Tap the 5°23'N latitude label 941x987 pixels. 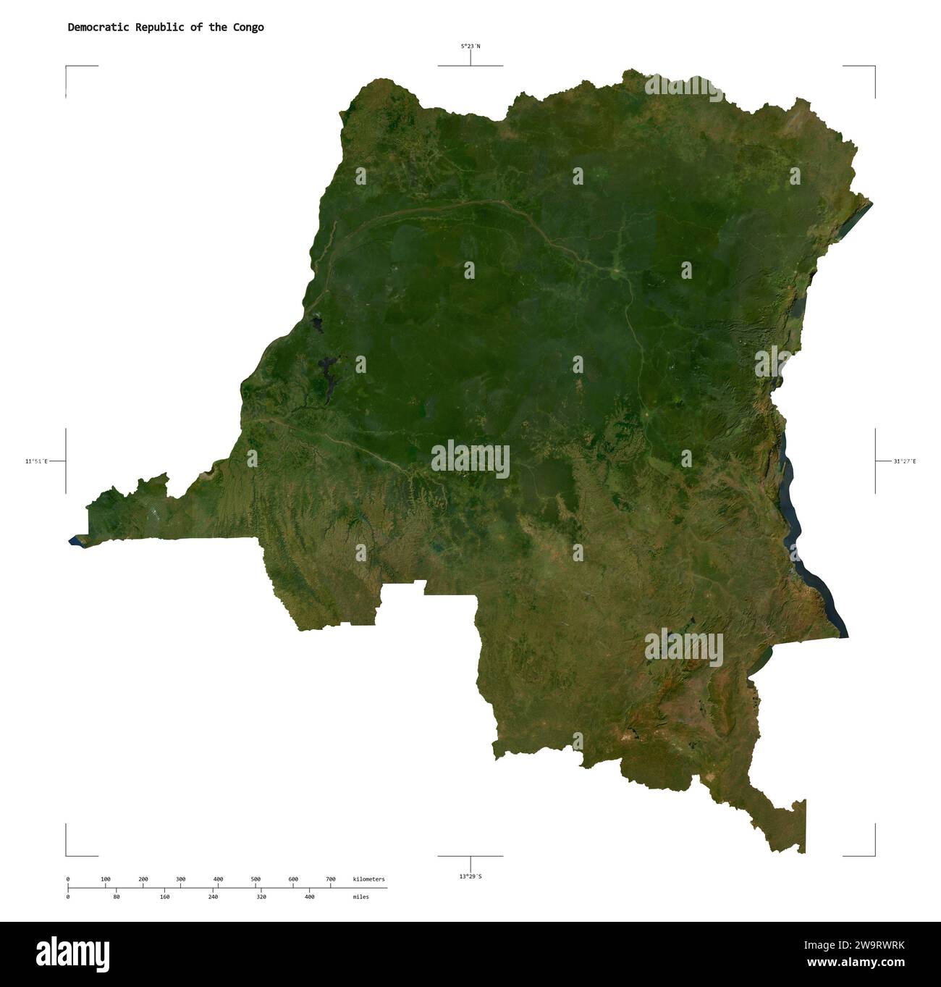[x=470, y=46]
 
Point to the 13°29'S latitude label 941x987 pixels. [x=470, y=876]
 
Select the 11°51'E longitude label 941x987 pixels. [x=36, y=461]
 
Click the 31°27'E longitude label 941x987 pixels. [x=904, y=461]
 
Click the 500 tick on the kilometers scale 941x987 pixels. [x=256, y=879]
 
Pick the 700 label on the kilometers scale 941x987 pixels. [x=331, y=879]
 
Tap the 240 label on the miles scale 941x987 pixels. [x=213, y=897]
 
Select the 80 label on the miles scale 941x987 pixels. [x=117, y=897]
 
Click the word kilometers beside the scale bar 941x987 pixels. [x=369, y=879]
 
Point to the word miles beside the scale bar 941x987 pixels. [x=360, y=897]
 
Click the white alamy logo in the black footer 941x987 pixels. [x=72, y=954]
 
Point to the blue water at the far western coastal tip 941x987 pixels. [x=75, y=540]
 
